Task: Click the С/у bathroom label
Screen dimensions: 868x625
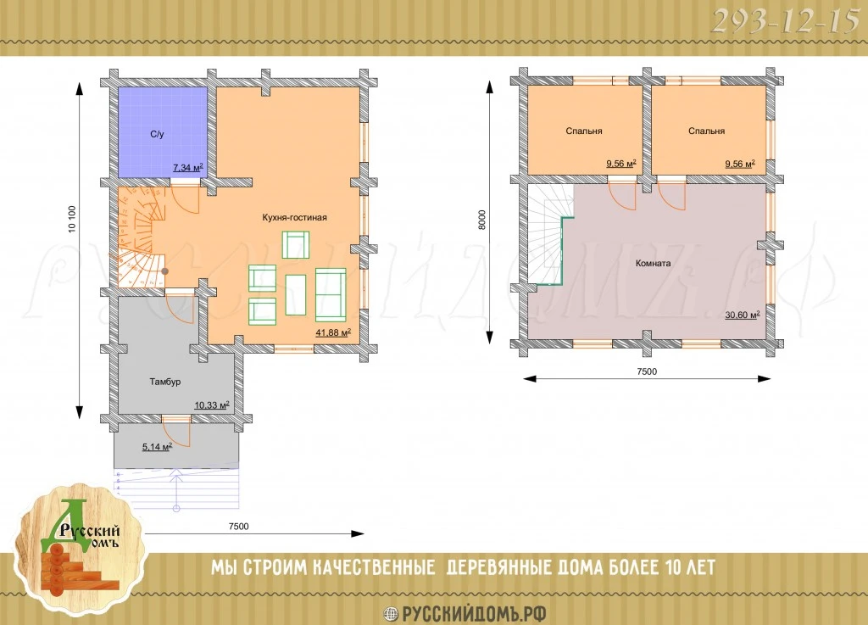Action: point(157,135)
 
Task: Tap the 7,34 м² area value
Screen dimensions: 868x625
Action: point(187,167)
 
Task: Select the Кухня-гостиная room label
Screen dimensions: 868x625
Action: point(294,218)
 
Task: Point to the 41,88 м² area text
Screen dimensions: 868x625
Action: point(333,332)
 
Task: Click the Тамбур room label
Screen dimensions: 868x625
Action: point(165,382)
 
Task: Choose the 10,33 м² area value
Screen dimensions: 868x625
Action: point(211,405)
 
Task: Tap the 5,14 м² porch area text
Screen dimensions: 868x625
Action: point(157,447)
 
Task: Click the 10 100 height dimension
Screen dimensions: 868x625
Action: point(72,220)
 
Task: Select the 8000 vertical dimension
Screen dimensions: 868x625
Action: point(481,220)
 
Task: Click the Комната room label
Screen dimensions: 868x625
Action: point(654,264)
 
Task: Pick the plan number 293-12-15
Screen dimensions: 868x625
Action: point(784,22)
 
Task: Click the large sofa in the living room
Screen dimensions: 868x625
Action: point(331,294)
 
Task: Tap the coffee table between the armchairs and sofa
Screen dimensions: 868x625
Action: point(296,294)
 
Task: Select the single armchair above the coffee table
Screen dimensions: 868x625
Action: point(296,245)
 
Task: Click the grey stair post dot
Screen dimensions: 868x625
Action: point(165,271)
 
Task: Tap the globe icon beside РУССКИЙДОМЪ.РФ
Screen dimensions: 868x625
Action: point(392,614)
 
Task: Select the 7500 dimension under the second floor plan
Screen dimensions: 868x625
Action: point(647,371)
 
